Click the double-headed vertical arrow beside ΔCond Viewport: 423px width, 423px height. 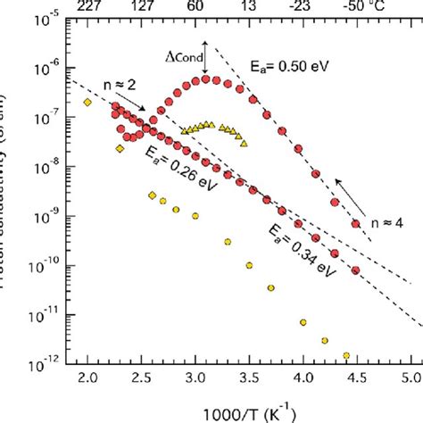[x=206, y=58]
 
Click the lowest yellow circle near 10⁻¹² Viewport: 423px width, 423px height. [x=345, y=355]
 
